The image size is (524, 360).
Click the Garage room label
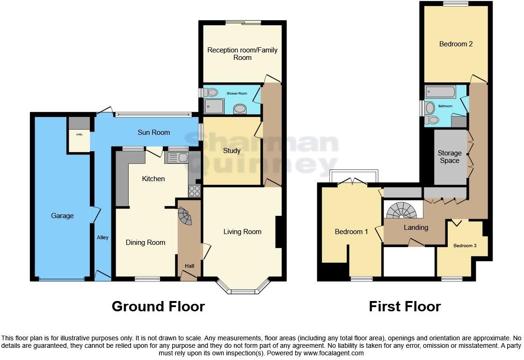click(x=62, y=216)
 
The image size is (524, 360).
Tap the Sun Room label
click(x=153, y=132)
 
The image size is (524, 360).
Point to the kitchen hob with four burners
click(x=194, y=191)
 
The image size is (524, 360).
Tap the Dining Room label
click(x=146, y=242)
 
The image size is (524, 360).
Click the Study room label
click(x=232, y=151)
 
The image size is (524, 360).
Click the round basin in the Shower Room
click(x=240, y=109)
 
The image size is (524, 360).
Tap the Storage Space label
click(x=450, y=157)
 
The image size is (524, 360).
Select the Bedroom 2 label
click(x=456, y=44)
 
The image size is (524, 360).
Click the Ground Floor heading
click(x=158, y=307)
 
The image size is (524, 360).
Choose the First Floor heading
click(x=405, y=307)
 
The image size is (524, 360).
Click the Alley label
click(x=102, y=238)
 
